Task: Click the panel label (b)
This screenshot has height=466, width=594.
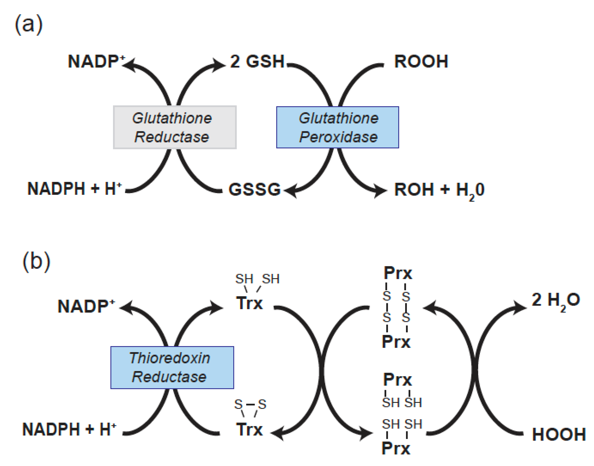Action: click(x=36, y=262)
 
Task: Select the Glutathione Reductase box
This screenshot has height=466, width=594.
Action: click(x=175, y=127)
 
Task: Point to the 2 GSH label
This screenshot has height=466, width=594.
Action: click(x=257, y=61)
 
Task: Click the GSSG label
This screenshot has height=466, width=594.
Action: click(x=254, y=189)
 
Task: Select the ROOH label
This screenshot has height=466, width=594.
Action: click(x=421, y=61)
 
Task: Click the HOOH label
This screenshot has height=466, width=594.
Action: click(x=559, y=434)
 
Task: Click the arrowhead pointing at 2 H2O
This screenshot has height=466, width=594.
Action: click(x=520, y=308)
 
